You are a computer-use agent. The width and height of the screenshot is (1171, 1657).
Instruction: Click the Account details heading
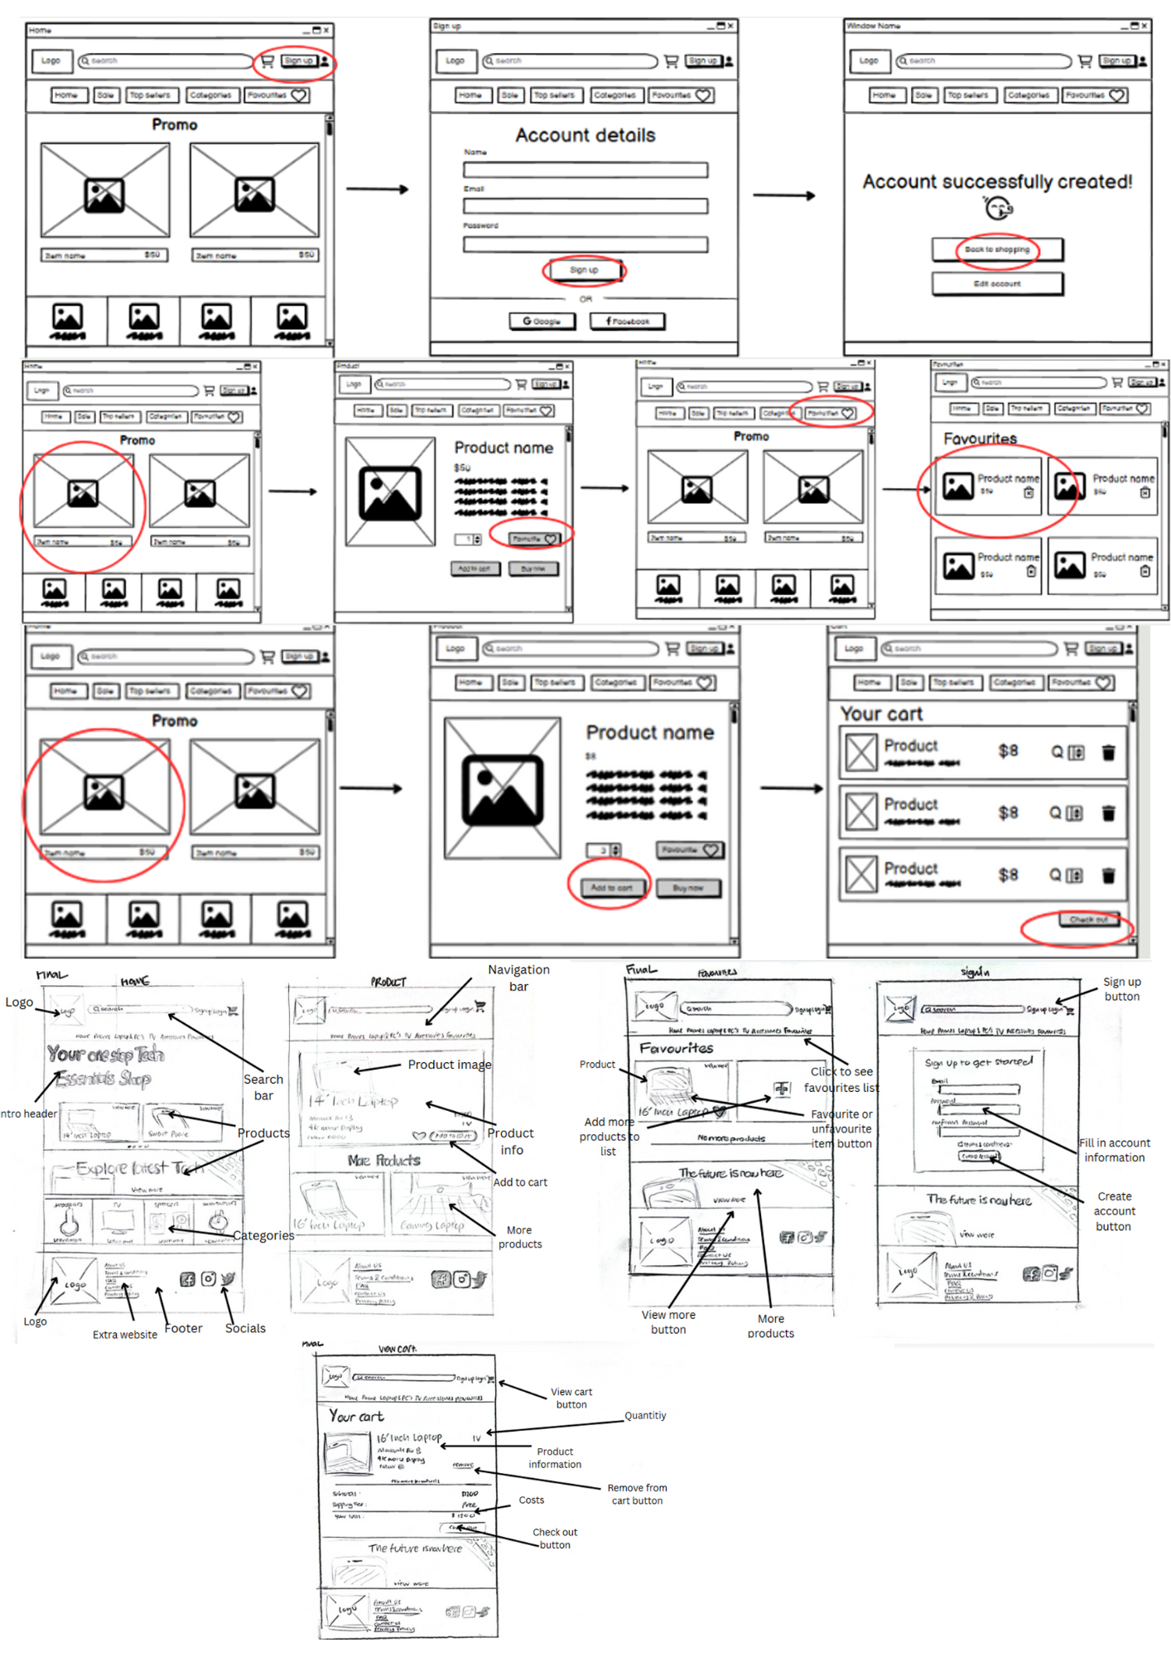point(585,135)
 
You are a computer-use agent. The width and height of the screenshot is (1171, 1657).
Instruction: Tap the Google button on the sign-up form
point(542,321)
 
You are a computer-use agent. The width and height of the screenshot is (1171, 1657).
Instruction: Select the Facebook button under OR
point(627,321)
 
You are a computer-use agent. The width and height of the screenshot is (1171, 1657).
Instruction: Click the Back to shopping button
point(996,249)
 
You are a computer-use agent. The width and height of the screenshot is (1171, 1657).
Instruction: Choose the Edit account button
point(996,284)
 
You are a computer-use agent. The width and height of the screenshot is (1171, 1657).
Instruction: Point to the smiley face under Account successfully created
point(998,208)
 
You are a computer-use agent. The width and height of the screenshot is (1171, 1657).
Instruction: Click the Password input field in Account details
point(585,244)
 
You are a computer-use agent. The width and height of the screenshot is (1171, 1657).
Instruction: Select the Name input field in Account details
point(585,170)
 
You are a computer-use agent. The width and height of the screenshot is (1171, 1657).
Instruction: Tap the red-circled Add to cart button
point(610,888)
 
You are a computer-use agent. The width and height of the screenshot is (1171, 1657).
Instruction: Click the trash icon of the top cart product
point(1108,752)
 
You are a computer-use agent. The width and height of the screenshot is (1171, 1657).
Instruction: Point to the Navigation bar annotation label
point(518,978)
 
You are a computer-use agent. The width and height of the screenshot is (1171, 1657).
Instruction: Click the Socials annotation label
point(245,1328)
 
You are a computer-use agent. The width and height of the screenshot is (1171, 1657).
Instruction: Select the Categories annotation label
point(263,1235)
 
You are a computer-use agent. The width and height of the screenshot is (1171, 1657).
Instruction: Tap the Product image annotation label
point(449,1065)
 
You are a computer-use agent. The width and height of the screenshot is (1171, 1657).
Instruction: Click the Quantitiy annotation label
point(645,1416)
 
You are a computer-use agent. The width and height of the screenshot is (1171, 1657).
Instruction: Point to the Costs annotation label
point(531,1500)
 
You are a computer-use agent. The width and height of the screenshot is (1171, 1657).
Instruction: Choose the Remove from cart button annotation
point(637,1495)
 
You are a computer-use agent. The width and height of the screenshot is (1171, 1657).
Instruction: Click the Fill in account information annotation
point(1114,1150)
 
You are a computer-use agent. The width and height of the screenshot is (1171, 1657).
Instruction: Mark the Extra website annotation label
point(124,1335)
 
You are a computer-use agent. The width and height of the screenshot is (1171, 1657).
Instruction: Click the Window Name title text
point(873,27)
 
